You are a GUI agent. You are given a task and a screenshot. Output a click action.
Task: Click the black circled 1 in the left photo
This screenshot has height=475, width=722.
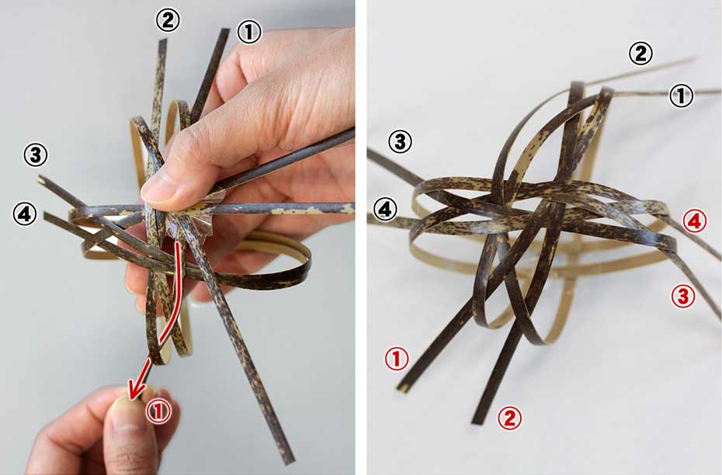tap(249, 33)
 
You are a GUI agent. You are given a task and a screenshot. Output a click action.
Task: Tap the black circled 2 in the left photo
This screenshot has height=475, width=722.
tap(168, 20)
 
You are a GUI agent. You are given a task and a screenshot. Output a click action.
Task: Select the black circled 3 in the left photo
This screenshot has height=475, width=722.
tap(36, 155)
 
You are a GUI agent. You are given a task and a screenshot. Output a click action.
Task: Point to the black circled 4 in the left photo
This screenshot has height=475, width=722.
tap(25, 213)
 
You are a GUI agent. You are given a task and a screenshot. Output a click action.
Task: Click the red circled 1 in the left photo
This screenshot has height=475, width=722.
tap(158, 411)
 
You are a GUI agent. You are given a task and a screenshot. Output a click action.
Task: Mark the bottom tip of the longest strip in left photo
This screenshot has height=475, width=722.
tap(289, 461)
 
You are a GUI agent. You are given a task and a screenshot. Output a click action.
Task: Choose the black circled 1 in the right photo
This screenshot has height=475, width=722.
tap(681, 96)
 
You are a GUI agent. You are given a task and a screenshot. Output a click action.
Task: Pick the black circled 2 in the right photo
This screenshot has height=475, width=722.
tap(640, 54)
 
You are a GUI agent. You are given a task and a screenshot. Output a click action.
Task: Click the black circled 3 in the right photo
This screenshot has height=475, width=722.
tap(400, 142)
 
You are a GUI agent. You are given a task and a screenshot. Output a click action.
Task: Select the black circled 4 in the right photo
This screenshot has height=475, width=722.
tap(385, 210)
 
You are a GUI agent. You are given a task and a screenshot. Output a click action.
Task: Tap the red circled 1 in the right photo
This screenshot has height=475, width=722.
tap(397, 359)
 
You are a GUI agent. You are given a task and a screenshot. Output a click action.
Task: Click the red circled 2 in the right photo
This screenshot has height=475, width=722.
tap(510, 418)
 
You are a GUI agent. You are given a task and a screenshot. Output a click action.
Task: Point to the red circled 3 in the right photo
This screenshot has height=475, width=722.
tap(683, 296)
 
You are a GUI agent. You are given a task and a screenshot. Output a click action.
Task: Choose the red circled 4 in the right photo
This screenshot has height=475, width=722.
tap(695, 222)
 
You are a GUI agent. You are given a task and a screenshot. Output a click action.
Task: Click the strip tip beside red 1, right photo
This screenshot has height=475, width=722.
tap(402, 388)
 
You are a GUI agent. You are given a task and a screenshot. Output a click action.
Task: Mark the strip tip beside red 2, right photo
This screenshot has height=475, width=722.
tap(477, 421)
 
